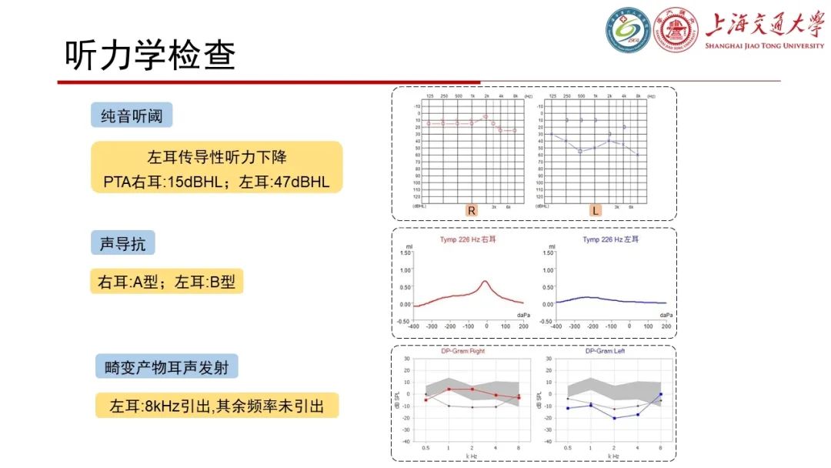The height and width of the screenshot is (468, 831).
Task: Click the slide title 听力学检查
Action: coord(149,55)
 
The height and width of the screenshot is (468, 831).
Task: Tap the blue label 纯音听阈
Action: coord(132,115)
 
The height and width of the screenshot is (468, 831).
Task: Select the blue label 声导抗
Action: coord(123,243)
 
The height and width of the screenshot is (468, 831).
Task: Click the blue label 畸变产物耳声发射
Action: coord(172,366)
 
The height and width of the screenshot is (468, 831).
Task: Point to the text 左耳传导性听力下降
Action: coord(216,157)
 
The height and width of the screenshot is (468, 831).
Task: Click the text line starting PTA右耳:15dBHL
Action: coord(216,182)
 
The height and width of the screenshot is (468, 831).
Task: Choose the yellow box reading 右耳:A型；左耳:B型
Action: coord(166,282)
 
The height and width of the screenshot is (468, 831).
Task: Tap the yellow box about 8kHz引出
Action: coord(216,406)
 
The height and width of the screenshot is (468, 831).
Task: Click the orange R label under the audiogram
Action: coord(471,210)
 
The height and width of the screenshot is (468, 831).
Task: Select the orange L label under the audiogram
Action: coord(596,210)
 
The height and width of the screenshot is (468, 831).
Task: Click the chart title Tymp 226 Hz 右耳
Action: coord(468,239)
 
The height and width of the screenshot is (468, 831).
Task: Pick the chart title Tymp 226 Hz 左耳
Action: coord(610,239)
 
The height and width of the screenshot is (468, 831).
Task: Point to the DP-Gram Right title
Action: coord(463,351)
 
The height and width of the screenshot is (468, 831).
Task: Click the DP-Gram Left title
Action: coord(605,351)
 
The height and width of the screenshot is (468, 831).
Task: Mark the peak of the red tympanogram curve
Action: coord(485,282)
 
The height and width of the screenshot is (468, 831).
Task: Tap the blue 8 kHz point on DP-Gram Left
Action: coord(660,394)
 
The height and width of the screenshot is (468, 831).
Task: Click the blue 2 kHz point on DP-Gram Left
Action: coord(614,418)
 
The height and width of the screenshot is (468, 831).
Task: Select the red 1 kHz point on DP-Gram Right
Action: coord(449,389)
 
